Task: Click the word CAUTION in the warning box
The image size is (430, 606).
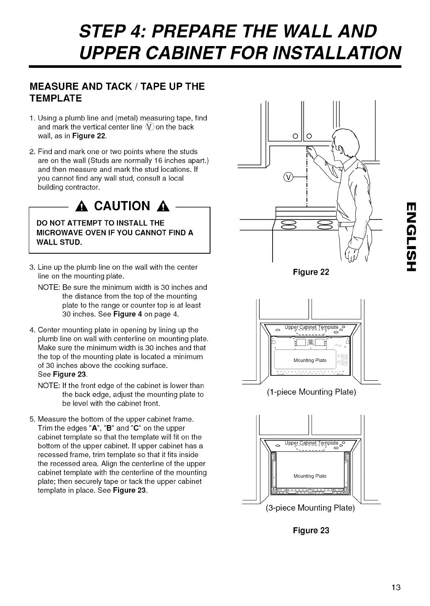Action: [x=119, y=206]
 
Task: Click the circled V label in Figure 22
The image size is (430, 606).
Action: [x=289, y=177]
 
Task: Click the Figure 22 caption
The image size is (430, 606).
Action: [x=311, y=272]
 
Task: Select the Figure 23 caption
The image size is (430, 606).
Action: [x=311, y=530]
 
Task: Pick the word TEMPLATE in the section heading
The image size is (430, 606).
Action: [x=56, y=99]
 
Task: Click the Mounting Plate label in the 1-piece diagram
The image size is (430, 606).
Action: [x=310, y=361]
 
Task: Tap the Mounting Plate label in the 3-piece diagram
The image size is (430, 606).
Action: [x=310, y=476]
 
